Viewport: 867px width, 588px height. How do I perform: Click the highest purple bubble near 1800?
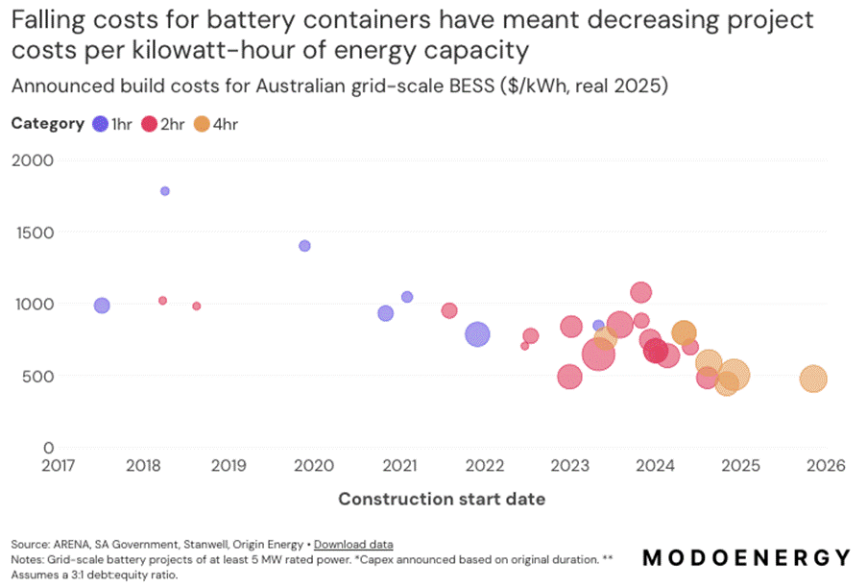point(165,191)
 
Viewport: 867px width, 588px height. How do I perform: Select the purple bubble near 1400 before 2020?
point(305,246)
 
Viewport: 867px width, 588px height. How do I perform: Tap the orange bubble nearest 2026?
point(813,379)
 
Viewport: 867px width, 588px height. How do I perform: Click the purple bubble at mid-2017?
point(102,306)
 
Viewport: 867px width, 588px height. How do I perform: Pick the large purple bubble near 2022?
point(477,334)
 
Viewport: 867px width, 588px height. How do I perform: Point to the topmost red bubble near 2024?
point(641,292)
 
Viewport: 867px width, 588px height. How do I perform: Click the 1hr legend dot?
point(100,123)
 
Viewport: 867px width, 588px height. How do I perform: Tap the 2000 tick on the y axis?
point(34,159)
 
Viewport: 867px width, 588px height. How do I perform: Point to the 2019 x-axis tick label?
point(228,466)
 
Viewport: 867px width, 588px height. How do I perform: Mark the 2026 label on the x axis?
point(826,466)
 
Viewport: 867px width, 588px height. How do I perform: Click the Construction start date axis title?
point(442,499)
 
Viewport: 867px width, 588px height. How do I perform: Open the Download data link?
point(353,545)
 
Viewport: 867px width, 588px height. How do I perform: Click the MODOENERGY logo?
point(745,558)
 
